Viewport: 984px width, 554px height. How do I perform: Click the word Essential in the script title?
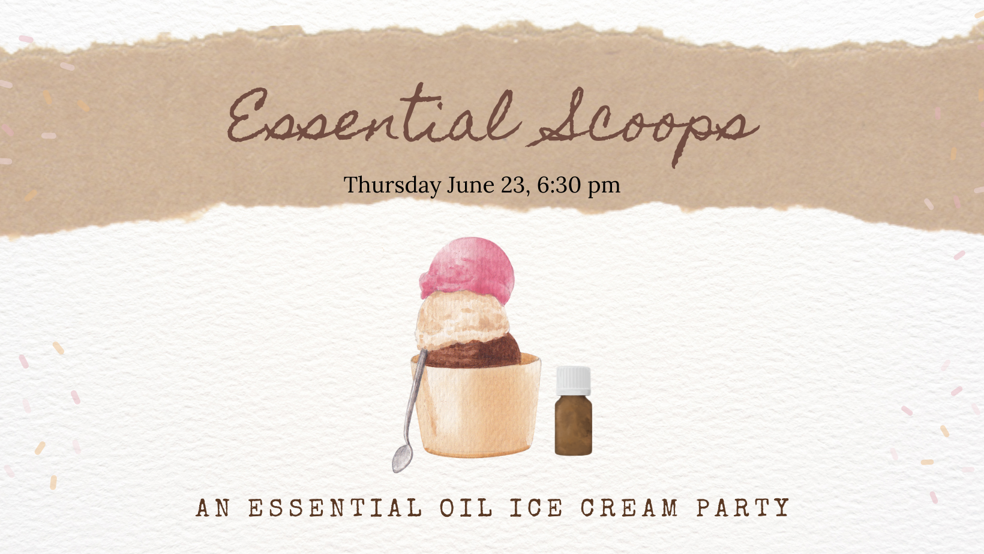pyautogui.click(x=373, y=115)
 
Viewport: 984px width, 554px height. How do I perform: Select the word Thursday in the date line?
pyautogui.click(x=392, y=185)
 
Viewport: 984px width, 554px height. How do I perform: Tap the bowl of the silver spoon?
pyautogui.click(x=402, y=459)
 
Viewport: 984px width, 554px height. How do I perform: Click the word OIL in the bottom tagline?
pyautogui.click(x=466, y=508)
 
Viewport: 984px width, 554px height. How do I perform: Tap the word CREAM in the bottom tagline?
pyautogui.click(x=629, y=508)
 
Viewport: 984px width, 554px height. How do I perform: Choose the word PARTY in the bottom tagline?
pyautogui.click(x=743, y=508)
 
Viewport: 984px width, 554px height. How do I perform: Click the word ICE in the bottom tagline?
pyautogui.click(x=536, y=508)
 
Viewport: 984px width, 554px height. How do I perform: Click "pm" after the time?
pyautogui.click(x=604, y=187)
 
